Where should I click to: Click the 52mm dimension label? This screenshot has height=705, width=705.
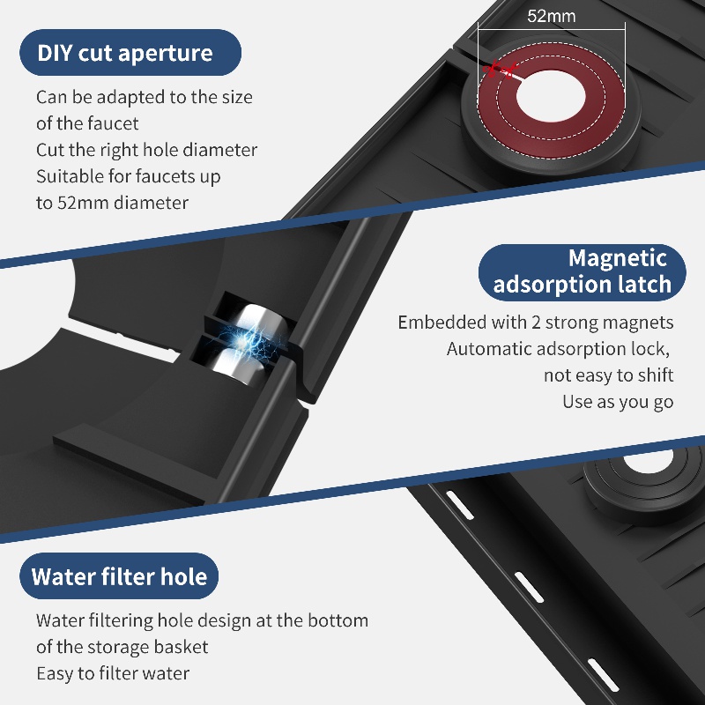(552, 16)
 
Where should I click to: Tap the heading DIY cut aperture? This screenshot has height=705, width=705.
(125, 53)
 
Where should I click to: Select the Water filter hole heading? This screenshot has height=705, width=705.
(119, 576)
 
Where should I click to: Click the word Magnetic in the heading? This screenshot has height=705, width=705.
(618, 258)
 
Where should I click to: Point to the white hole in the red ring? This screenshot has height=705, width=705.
(552, 96)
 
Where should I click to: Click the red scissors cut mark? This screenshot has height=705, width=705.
(499, 70)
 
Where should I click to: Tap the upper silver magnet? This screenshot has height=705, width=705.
(254, 320)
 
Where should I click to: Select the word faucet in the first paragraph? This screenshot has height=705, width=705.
(113, 123)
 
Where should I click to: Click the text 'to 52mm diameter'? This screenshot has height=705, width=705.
(112, 203)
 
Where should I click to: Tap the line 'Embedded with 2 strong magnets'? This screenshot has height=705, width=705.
(536, 323)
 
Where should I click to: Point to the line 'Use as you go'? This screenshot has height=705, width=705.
(618, 402)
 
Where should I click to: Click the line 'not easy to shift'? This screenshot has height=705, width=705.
(608, 375)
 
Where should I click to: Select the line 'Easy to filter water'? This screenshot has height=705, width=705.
(113, 673)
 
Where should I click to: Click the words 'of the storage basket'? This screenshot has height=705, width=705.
(122, 647)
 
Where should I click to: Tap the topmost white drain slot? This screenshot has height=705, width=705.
(459, 505)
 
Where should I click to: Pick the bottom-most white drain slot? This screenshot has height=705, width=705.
(603, 674)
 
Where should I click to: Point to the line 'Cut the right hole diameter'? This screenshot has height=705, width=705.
(146, 150)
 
